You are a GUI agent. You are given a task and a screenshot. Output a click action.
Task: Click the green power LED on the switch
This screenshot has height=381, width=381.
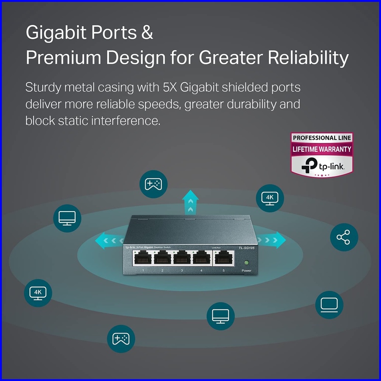[247, 263]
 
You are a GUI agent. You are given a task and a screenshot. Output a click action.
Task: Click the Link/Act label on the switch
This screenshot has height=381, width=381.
[216, 247]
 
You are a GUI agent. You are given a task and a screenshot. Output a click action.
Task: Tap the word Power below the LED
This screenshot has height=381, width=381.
[247, 271]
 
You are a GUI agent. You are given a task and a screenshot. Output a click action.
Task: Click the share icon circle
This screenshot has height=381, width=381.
[344, 237]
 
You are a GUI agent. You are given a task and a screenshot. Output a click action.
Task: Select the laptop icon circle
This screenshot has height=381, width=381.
[329, 305]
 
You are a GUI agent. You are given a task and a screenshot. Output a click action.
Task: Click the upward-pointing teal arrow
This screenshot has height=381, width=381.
[190, 202]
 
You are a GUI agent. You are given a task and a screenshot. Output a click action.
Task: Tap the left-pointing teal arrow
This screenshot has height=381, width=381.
[107, 241]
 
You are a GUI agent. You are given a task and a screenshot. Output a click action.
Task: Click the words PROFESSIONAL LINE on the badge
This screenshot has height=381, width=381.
[322, 138]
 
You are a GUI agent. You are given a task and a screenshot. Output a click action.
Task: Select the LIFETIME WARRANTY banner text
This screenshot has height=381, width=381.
[322, 149]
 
